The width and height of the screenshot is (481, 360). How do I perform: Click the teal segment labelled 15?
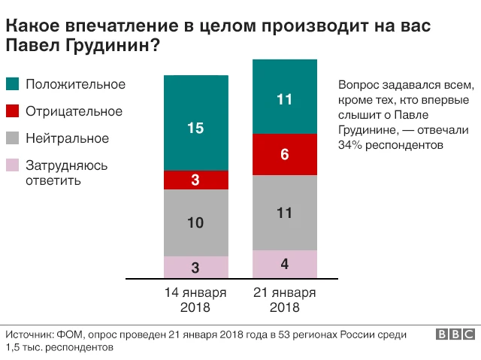pos(195,123)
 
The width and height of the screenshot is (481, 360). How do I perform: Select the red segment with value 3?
pos(195,180)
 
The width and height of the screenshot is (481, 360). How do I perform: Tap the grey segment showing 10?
pos(195,222)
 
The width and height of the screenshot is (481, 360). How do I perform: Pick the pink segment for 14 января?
pos(195,267)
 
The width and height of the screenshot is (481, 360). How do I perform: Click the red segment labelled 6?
pos(284,154)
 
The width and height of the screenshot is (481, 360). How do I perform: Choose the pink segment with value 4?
pos(284,264)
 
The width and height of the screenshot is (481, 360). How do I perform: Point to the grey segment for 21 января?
pos(284,212)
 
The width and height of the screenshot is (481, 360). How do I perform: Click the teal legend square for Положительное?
pos(12,84)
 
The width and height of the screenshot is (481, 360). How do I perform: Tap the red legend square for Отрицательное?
pos(12,111)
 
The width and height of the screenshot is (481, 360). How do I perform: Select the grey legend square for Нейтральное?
pos(12,138)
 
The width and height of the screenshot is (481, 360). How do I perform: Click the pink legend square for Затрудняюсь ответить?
pos(12,165)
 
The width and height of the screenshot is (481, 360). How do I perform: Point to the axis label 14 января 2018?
pos(195,299)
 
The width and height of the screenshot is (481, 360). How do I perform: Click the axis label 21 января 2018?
pos(284,299)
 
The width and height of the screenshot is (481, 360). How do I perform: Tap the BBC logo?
pos(454,334)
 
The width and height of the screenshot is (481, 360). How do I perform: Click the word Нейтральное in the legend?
pos(67,138)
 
